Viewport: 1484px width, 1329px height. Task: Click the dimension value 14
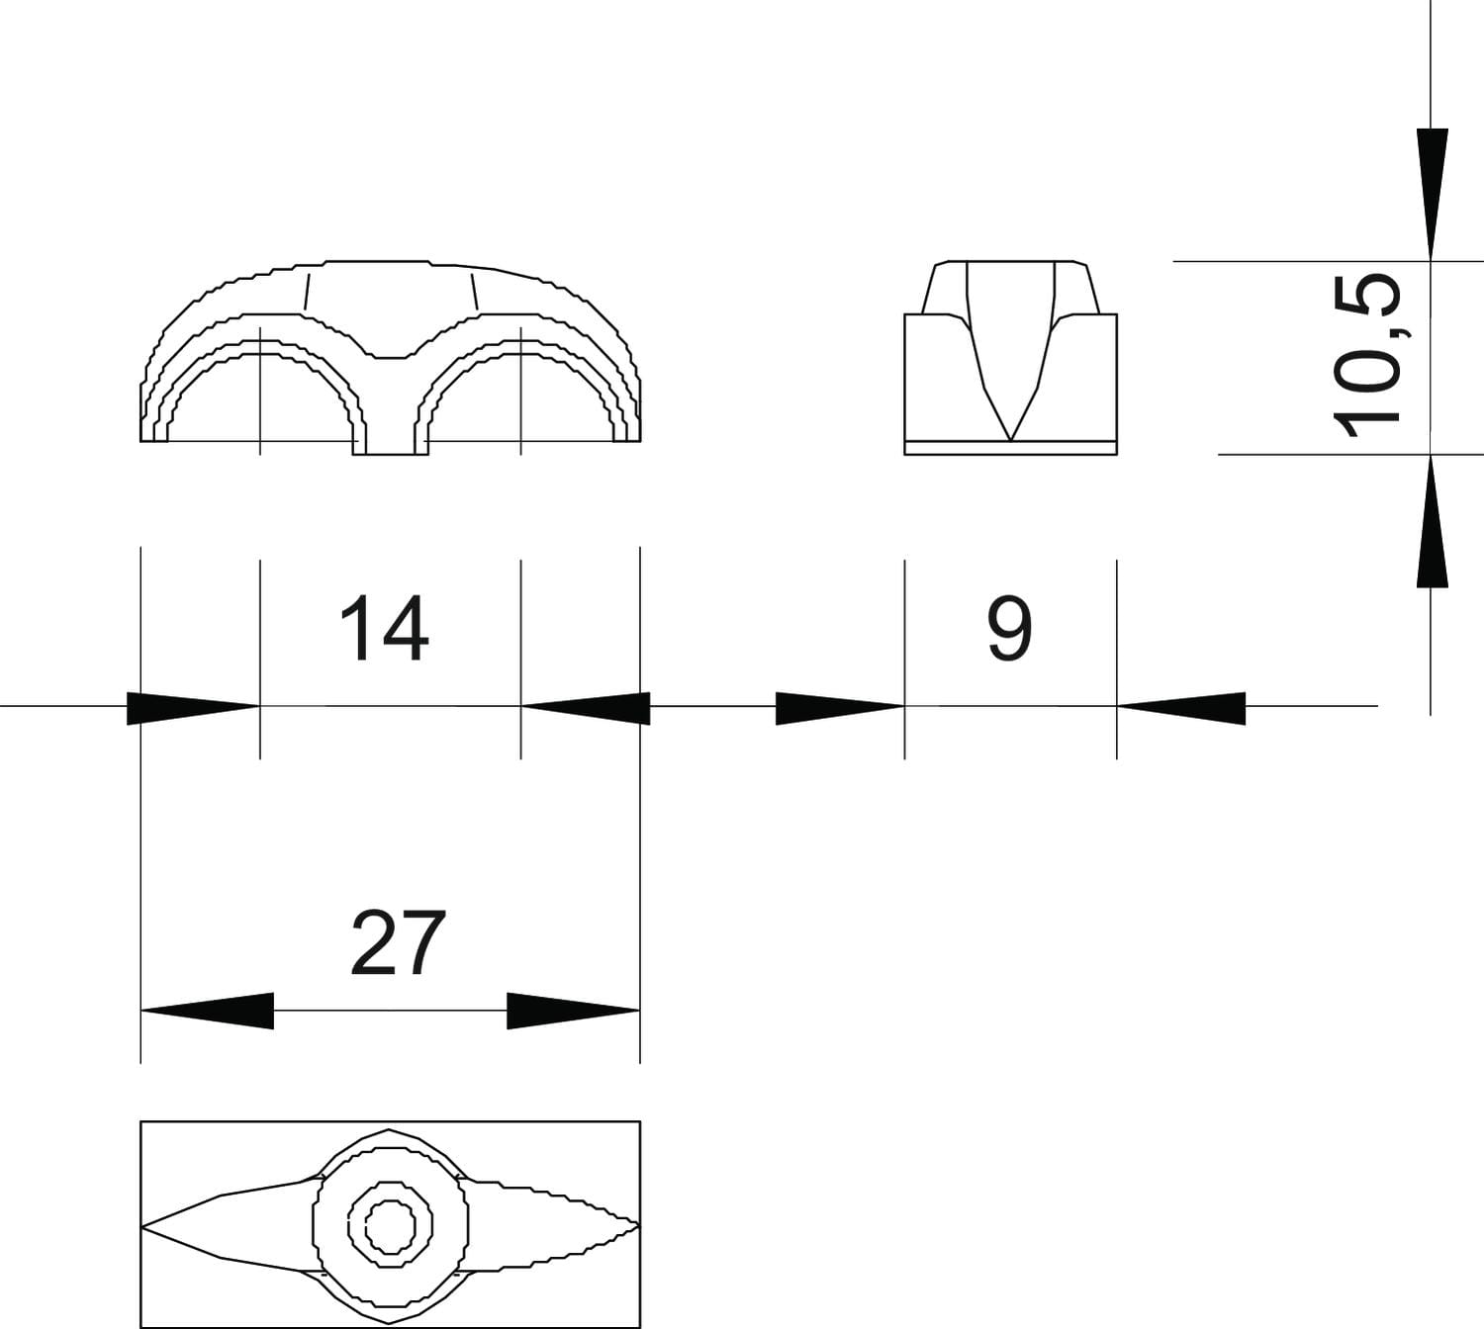click(x=385, y=628)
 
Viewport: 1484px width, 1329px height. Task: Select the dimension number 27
click(x=398, y=942)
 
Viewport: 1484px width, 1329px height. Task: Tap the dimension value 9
click(x=1010, y=628)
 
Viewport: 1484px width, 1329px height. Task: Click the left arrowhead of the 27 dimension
click(x=208, y=1011)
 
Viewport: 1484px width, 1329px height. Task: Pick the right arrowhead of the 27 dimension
click(x=574, y=1011)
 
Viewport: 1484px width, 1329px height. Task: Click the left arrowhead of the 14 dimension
click(x=193, y=708)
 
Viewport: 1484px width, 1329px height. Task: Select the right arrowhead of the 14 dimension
click(x=586, y=708)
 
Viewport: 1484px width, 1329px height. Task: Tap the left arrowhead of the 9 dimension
click(x=840, y=708)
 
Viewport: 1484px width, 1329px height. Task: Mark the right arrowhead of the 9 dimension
click(x=1181, y=708)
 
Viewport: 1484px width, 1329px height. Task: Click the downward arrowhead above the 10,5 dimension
click(x=1432, y=194)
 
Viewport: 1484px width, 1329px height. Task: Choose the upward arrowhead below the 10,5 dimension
click(x=1432, y=520)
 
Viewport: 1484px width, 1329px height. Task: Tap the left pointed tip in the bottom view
click(x=142, y=1225)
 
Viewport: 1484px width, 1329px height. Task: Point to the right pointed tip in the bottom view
click(x=638, y=1225)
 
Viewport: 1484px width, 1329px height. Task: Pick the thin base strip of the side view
click(x=1011, y=448)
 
